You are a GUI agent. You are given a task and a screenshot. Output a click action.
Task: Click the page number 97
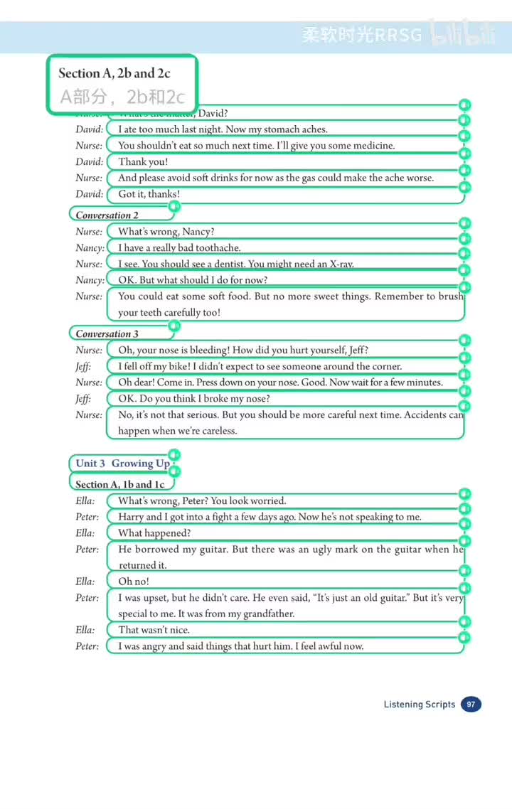point(471,704)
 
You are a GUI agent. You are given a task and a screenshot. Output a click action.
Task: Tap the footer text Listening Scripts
point(420,704)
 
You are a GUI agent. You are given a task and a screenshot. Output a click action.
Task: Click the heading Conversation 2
point(107,215)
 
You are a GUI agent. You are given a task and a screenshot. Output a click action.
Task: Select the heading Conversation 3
point(107,333)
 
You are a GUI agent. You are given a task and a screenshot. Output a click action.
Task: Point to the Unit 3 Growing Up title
point(122,464)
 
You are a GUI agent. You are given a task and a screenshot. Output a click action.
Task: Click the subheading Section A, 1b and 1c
point(119,484)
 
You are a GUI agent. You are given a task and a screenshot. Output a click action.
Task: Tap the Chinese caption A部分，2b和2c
point(122,96)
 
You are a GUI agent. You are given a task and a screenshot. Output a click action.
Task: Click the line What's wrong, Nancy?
point(166,232)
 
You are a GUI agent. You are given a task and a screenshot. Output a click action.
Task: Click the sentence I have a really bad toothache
point(179,247)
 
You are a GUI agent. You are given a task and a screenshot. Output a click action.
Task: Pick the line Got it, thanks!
point(149,194)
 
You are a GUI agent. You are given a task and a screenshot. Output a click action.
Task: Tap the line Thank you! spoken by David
point(143,162)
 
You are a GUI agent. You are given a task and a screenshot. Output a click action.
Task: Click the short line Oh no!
point(134,582)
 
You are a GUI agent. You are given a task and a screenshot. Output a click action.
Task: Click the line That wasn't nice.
point(154,630)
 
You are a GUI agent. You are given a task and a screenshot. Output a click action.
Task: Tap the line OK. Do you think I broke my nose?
point(193,399)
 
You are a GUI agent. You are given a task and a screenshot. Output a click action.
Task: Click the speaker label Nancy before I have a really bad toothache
point(90,248)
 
